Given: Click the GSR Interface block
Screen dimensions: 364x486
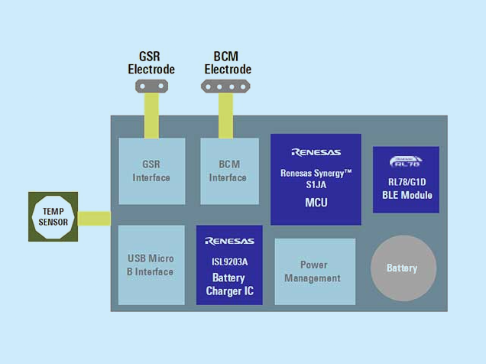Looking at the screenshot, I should pos(151,171).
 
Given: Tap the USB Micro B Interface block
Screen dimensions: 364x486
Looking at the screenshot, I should pos(151,265).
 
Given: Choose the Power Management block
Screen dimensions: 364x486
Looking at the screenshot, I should pos(314,271).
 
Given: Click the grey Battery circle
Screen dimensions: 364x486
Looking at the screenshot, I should pos(403,268).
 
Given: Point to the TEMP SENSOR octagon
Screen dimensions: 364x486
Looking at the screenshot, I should pos(53,216).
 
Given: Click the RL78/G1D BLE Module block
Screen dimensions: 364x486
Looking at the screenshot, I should pos(405,180).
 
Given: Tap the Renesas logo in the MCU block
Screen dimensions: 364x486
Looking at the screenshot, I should pos(316,152).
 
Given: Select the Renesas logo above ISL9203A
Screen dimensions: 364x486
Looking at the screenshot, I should pos(229,242).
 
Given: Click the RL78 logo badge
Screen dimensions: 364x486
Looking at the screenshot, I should pos(405,161).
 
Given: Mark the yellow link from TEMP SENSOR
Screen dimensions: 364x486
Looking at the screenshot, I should pos(94,219).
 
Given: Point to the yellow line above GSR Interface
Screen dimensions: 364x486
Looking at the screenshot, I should pos(151,115).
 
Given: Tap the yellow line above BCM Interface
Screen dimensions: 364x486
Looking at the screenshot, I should pos(226,115).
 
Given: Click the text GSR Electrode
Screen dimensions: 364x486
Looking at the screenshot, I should pos(151,63).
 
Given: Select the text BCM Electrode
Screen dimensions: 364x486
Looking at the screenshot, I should pos(226,63).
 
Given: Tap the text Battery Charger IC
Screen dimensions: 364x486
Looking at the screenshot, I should pos(229,284).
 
